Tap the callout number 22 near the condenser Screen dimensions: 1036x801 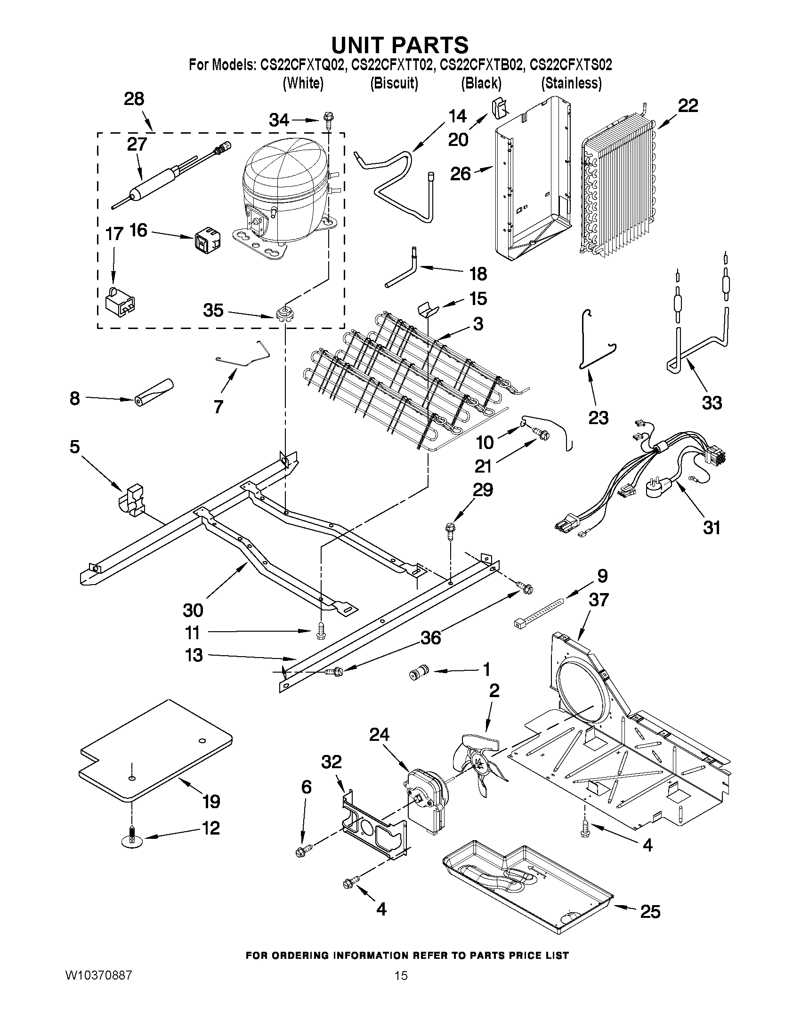(x=688, y=106)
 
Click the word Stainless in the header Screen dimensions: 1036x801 (x=571, y=83)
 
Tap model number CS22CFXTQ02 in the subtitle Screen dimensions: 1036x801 (x=301, y=64)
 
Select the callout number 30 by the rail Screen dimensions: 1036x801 (x=193, y=610)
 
